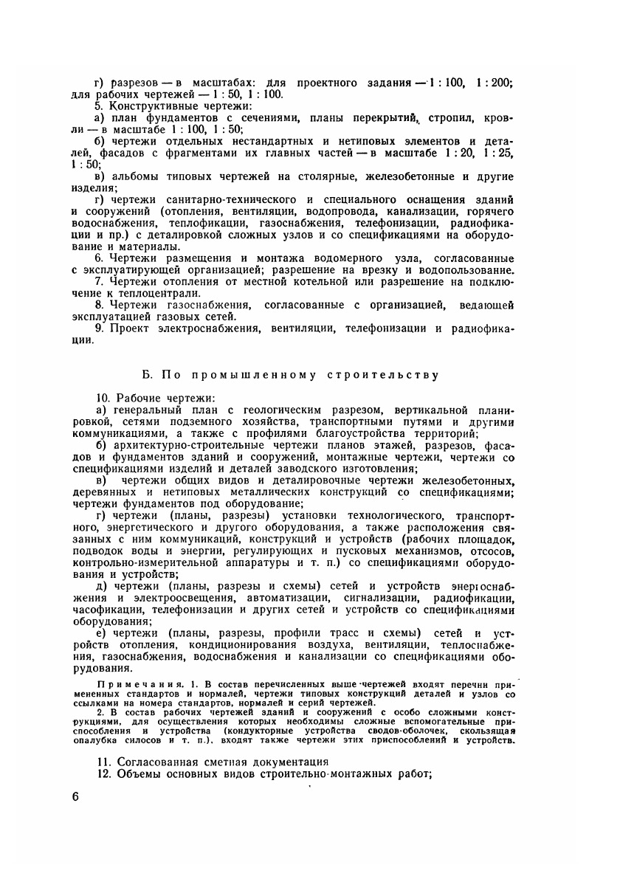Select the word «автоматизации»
280,597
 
